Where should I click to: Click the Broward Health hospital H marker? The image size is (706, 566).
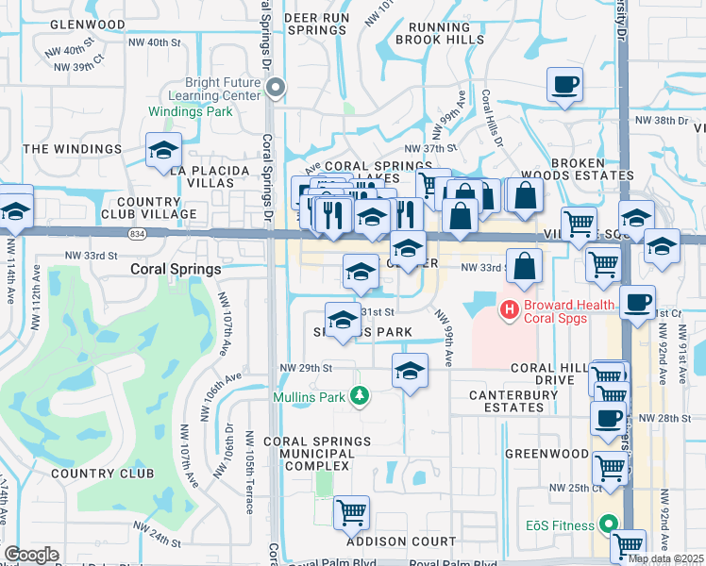pyautogui.click(x=510, y=308)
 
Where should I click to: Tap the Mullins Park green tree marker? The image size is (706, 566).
pyautogui.click(x=359, y=394)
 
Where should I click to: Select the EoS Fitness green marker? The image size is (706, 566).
pyautogui.click(x=607, y=524)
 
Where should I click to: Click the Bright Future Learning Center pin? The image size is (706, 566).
pyautogui.click(x=276, y=89)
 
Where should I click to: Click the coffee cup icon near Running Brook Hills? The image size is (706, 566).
pyautogui.click(x=564, y=86)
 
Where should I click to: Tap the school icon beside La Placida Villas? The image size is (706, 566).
pyautogui.click(x=163, y=150)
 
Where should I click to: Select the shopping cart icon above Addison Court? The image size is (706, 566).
pyautogui.click(x=351, y=513)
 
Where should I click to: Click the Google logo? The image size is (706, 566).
pyautogui.click(x=31, y=554)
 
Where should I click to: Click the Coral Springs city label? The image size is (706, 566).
pyautogui.click(x=175, y=269)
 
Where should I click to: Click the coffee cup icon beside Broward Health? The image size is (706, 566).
pyautogui.click(x=638, y=303)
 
